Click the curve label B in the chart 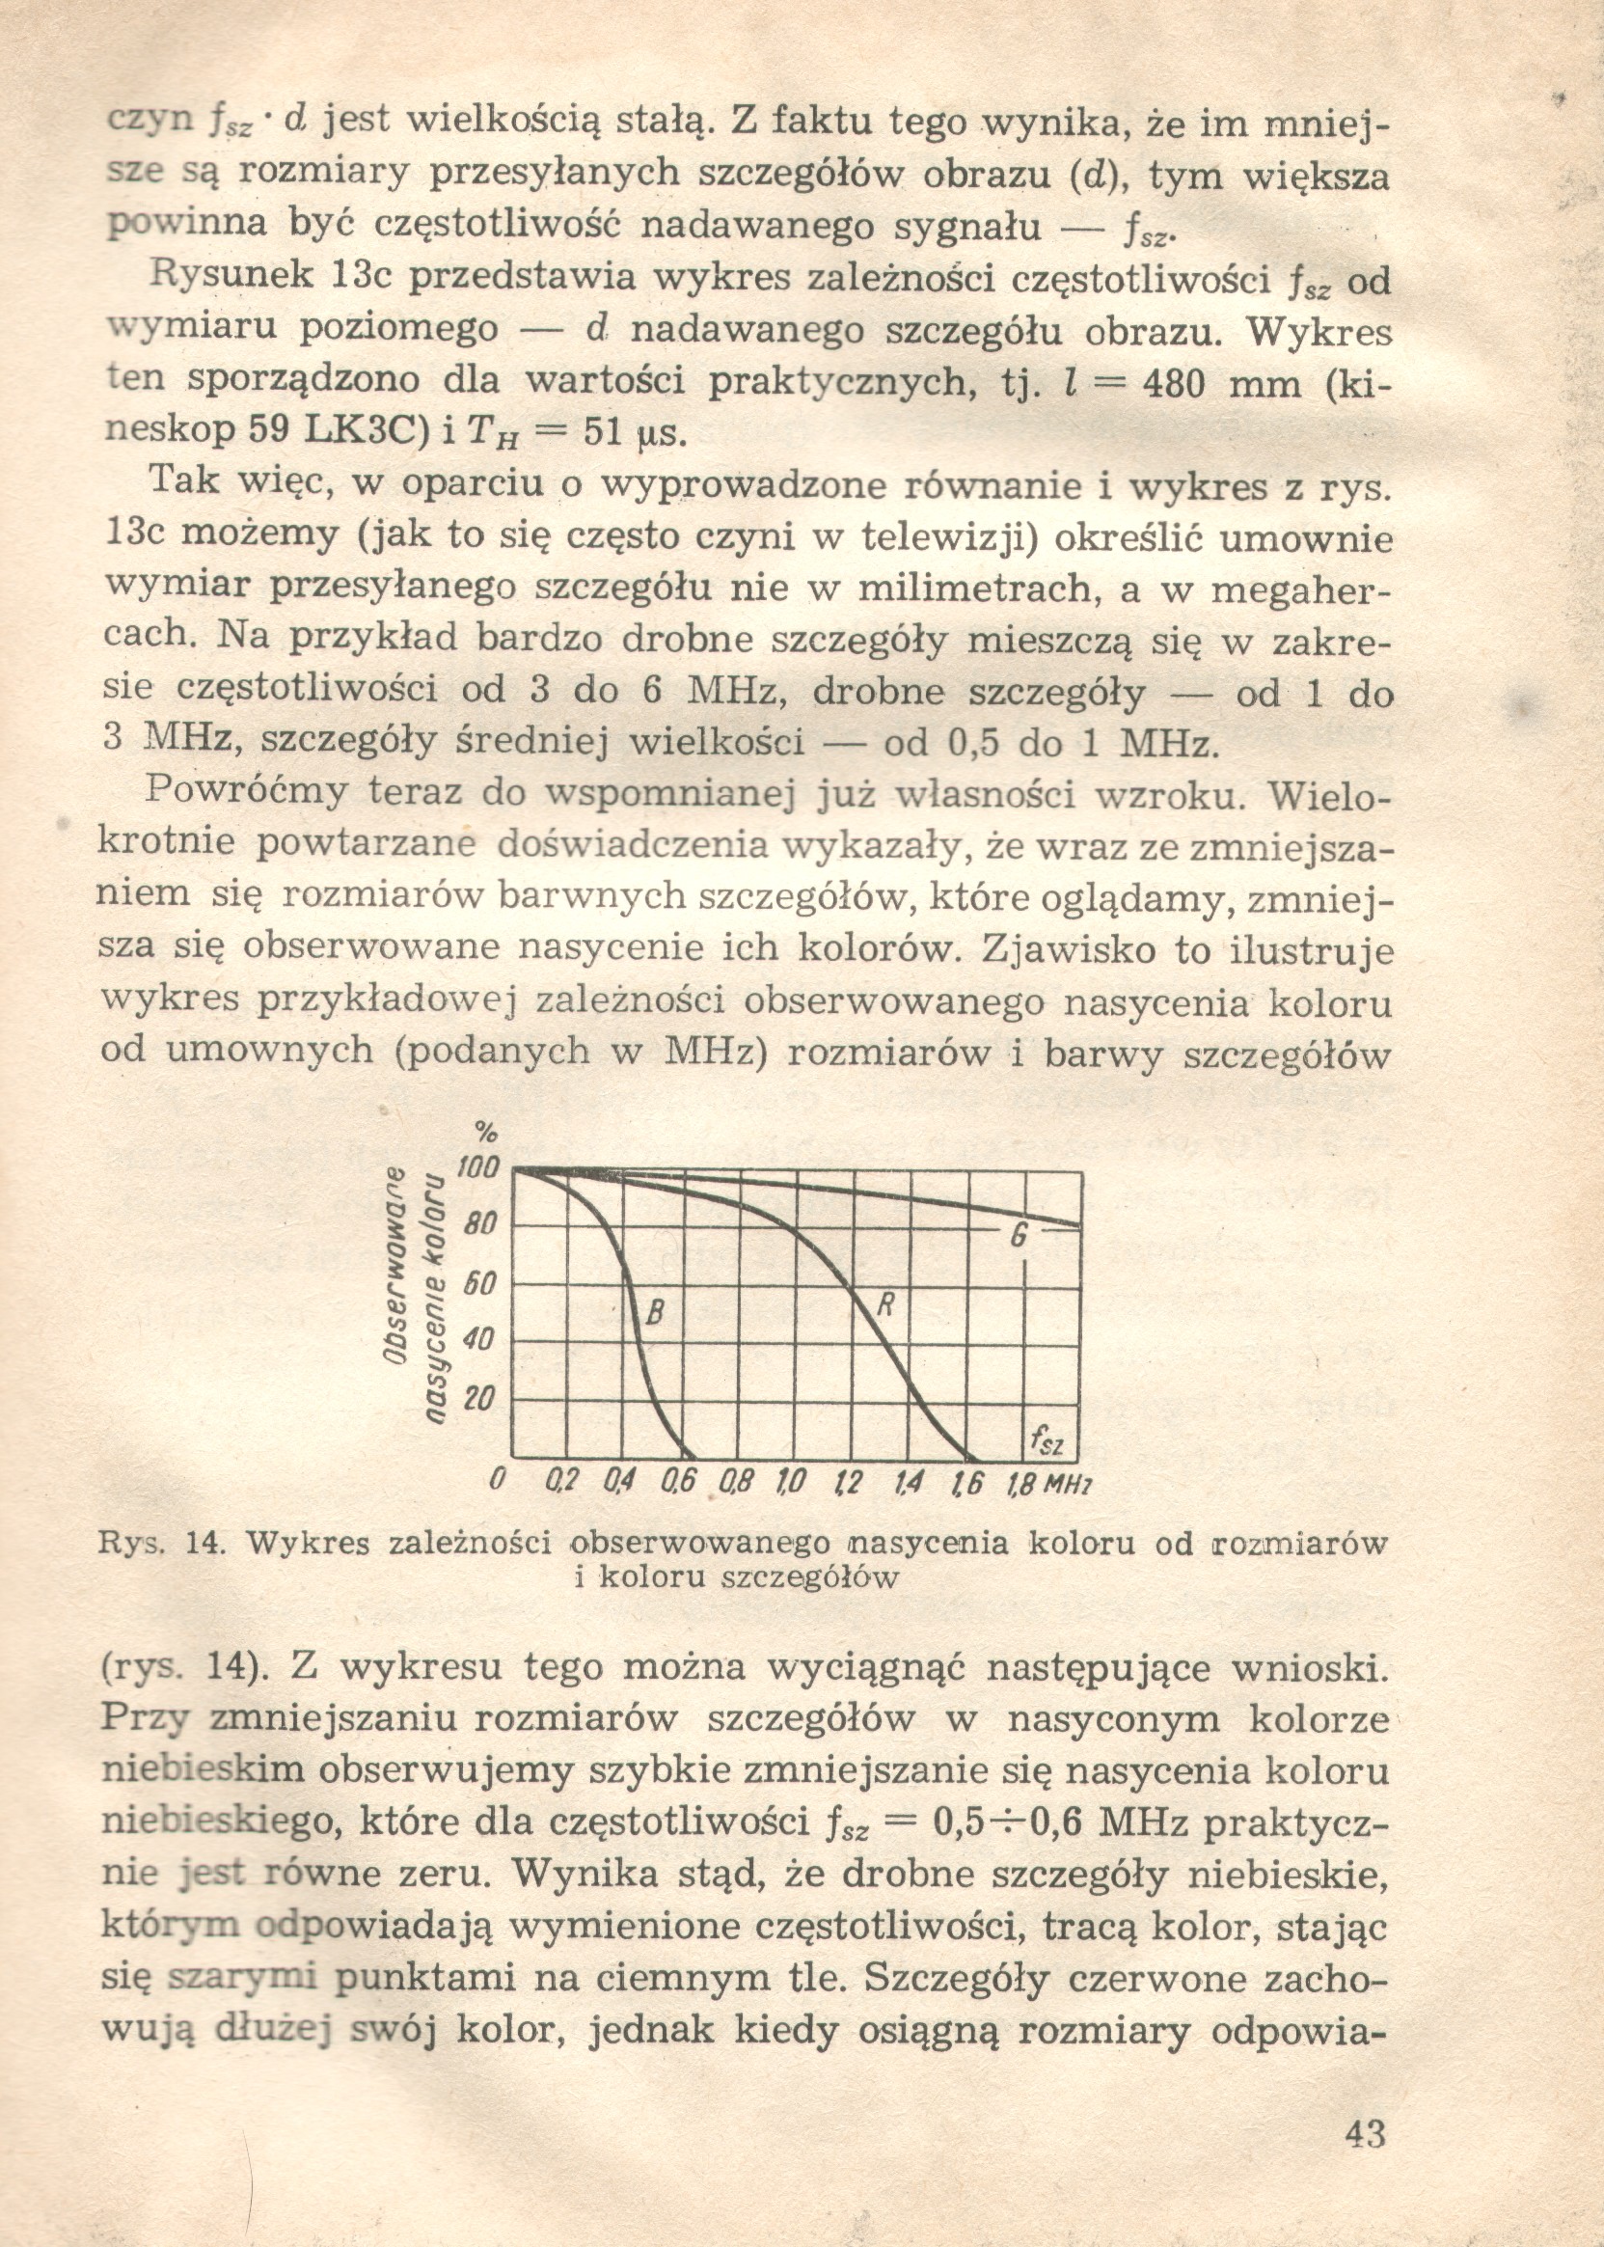pos(653,1314)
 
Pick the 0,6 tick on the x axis pos(684,1484)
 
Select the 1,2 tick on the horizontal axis pos(848,1484)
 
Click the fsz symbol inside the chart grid pos(1046,1443)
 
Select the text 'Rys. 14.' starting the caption pos(162,1543)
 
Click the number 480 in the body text pos(1173,382)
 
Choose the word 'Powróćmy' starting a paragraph pos(246,791)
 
